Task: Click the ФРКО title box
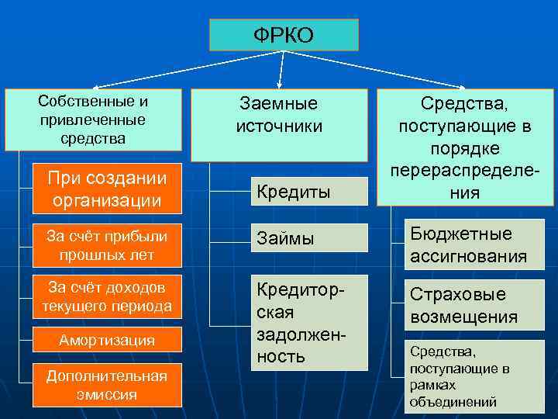click(x=284, y=35)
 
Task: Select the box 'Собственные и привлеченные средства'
click(x=93, y=119)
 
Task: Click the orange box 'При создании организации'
click(x=107, y=189)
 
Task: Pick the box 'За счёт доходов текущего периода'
click(x=107, y=296)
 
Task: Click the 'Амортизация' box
click(x=107, y=340)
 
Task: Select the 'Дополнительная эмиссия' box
click(x=107, y=385)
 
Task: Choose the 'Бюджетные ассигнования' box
click(x=468, y=245)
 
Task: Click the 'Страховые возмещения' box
click(x=468, y=305)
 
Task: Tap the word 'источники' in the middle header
click(x=279, y=126)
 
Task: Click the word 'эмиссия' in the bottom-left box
click(x=107, y=394)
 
